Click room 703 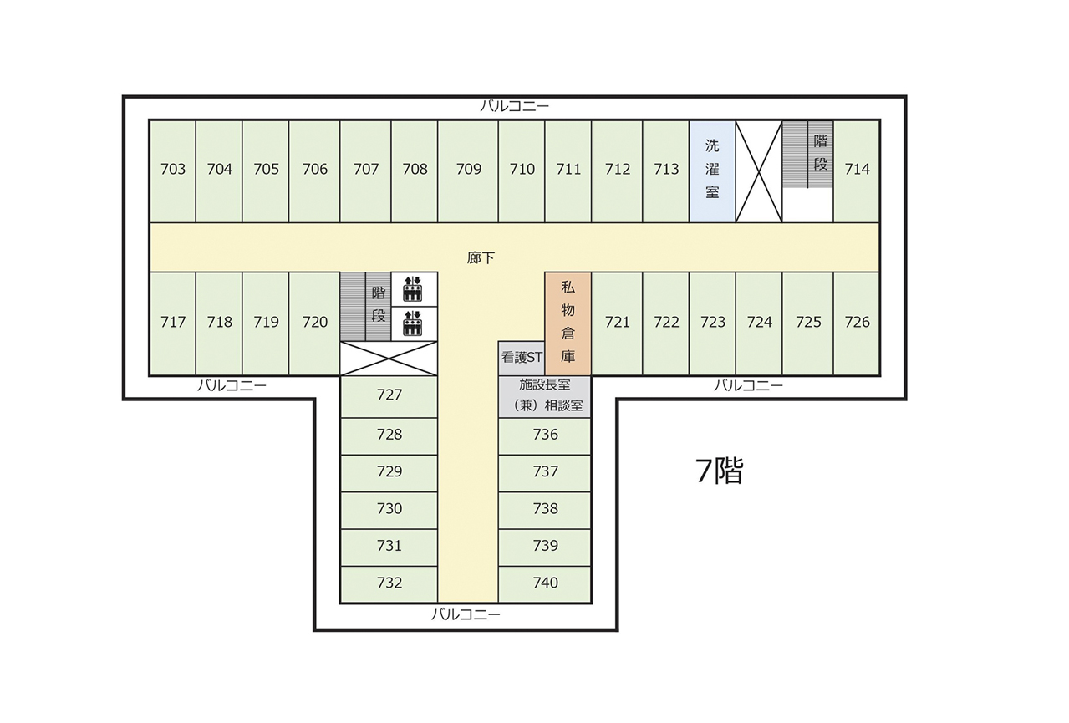(173, 171)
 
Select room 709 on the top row (468, 171)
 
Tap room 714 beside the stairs (857, 171)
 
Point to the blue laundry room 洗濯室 (712, 171)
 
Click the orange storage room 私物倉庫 (568, 323)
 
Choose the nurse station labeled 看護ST (522, 358)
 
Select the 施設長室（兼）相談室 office (544, 396)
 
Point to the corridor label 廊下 (481, 258)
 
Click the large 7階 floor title (719, 471)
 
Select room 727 (389, 396)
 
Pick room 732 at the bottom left (389, 584)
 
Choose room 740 (544, 584)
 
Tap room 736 (544, 436)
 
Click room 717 (173, 323)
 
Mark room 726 (857, 323)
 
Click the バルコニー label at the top (515, 106)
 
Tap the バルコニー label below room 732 (466, 614)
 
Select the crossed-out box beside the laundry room (759, 171)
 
